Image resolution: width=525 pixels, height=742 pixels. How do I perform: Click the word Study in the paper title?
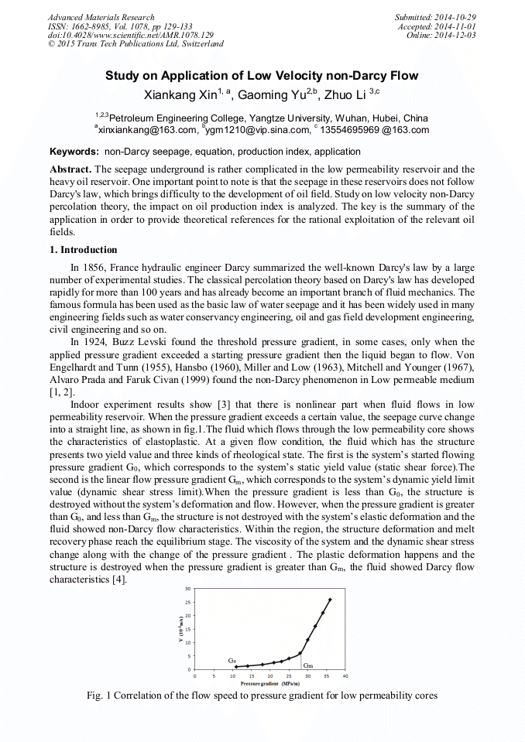(x=124, y=76)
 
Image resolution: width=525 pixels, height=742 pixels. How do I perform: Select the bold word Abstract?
(x=70, y=169)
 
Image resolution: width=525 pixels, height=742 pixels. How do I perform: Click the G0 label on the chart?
(x=232, y=660)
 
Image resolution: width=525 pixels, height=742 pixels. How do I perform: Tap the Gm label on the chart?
(x=308, y=665)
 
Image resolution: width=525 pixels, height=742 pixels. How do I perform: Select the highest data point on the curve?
(x=330, y=600)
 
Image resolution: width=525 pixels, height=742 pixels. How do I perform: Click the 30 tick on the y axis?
(x=187, y=589)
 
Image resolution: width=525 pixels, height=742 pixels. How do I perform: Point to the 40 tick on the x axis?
(x=345, y=675)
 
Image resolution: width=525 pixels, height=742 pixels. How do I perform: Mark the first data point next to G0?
(x=236, y=667)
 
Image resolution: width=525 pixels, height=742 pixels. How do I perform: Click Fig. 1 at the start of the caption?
(x=100, y=696)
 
